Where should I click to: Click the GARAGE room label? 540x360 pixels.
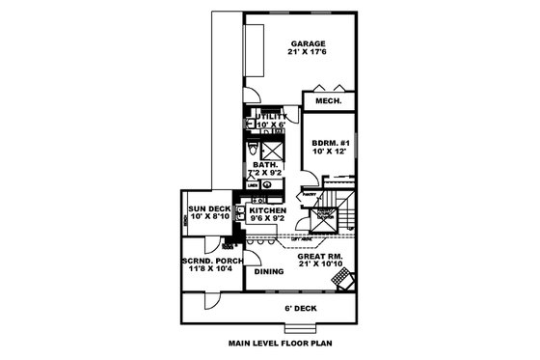pos(307,43)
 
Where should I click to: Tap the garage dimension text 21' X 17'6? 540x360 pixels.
pos(307,53)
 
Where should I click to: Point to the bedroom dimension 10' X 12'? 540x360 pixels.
pos(329,152)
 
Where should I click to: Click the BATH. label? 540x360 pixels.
pos(266,165)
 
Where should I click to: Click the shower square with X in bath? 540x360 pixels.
pos(274,149)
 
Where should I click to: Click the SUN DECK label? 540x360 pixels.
pos(209,209)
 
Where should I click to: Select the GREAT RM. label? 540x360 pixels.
pos(315,255)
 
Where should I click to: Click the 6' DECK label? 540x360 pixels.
pos(301,308)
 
